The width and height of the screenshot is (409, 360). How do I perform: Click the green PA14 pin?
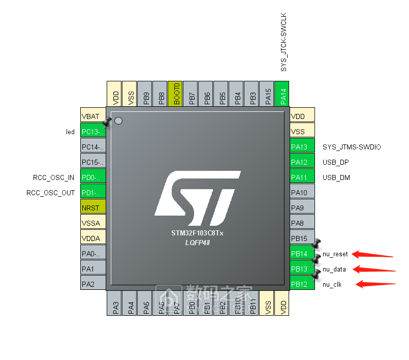click(x=282, y=94)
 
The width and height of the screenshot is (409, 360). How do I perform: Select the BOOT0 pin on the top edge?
click(x=175, y=94)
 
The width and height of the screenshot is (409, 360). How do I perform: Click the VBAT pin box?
click(x=93, y=116)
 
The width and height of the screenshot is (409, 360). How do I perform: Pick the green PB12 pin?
click(x=302, y=284)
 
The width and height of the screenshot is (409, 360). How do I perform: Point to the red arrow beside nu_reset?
click(x=373, y=254)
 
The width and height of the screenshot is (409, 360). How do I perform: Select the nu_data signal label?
click(x=335, y=269)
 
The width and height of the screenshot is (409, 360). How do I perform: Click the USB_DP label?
click(x=336, y=162)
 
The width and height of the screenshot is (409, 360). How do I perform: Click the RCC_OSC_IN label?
click(x=53, y=177)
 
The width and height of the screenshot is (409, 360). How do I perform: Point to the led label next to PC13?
click(x=70, y=132)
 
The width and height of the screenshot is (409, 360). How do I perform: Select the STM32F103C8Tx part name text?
click(x=198, y=233)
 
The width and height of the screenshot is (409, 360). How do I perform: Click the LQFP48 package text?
click(x=198, y=243)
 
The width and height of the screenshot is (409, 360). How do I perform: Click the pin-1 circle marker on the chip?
click(x=118, y=121)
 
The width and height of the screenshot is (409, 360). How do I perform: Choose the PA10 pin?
click(x=302, y=193)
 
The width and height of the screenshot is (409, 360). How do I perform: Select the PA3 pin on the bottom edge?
click(x=115, y=303)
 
